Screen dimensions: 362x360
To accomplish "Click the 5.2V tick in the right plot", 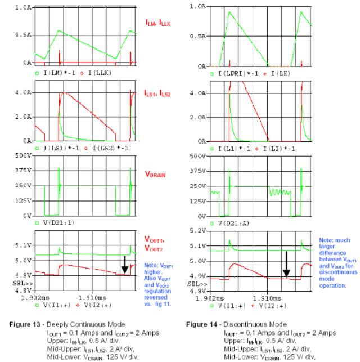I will (199, 231).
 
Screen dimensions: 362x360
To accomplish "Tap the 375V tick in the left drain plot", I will (21, 170).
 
